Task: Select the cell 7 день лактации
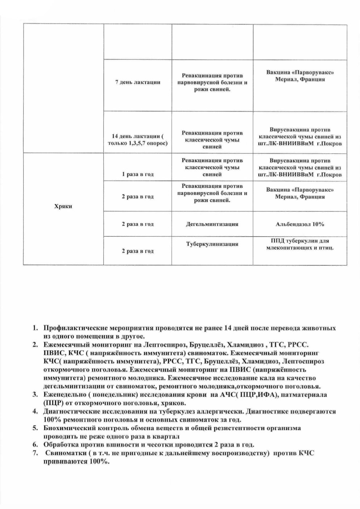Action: (x=137, y=82)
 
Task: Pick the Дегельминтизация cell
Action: (x=212, y=224)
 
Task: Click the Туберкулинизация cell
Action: (x=212, y=244)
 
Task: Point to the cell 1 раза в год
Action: (x=137, y=174)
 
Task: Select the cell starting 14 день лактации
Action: (x=137, y=140)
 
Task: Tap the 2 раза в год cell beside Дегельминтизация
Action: (x=137, y=224)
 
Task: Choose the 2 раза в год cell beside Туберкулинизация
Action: (x=137, y=251)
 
